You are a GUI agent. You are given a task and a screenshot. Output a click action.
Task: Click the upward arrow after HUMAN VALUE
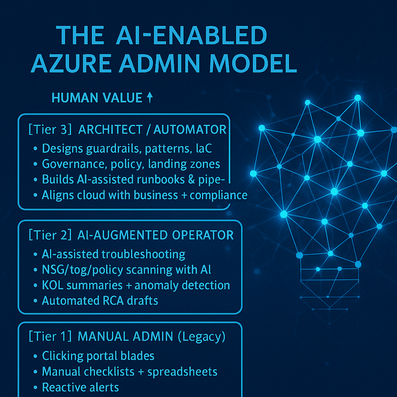(150, 98)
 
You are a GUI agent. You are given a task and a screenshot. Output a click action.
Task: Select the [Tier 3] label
(50, 129)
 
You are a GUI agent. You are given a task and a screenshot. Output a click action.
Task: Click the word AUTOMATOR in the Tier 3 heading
(190, 129)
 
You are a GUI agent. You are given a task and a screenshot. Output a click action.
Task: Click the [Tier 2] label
(50, 235)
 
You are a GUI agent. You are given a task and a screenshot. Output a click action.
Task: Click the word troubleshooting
(143, 254)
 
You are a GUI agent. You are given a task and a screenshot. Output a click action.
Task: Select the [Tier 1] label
(50, 337)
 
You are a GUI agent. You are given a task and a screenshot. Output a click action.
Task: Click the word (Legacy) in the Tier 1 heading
(201, 337)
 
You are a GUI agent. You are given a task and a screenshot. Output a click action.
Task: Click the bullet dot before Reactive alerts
(36, 387)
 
